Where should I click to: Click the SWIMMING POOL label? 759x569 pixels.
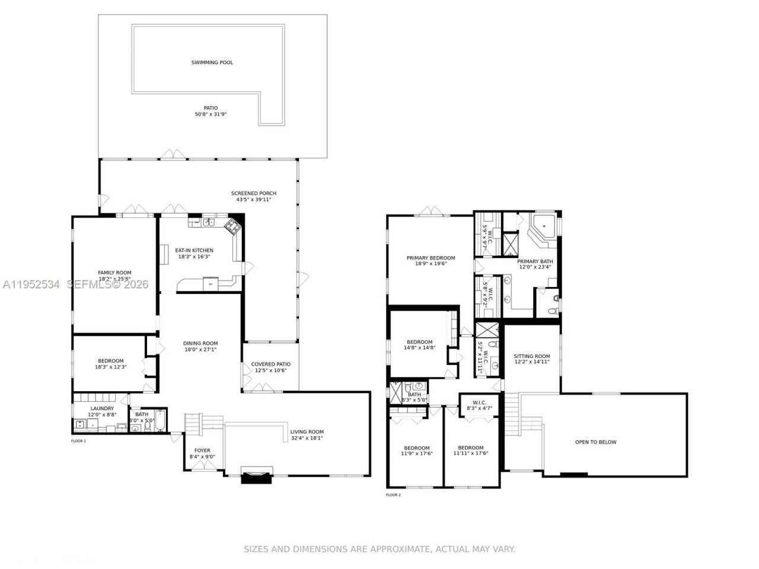(x=212, y=62)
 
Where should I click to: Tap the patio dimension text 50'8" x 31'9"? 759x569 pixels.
(x=211, y=114)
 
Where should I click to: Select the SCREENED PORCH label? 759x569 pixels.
(x=254, y=193)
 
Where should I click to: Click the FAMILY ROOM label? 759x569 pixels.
(x=114, y=273)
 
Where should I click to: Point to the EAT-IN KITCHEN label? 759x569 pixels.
(x=194, y=250)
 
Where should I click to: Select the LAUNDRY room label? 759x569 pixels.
(x=102, y=408)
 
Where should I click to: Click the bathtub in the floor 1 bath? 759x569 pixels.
(x=161, y=421)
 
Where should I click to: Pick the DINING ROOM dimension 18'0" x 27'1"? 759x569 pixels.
(x=200, y=350)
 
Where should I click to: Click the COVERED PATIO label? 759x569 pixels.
(x=270, y=365)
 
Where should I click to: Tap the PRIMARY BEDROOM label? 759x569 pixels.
(x=430, y=258)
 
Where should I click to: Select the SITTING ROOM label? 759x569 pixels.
(x=532, y=356)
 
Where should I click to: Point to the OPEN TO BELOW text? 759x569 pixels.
(x=595, y=442)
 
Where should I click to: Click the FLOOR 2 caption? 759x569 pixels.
(x=393, y=494)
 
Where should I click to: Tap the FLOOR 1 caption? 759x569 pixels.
(x=78, y=441)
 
